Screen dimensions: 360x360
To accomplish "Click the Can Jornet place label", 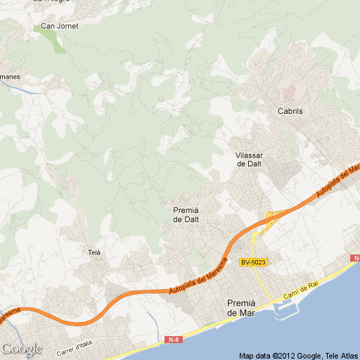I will [x=60, y=26].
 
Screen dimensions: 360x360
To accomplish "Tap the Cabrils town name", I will [x=290, y=111].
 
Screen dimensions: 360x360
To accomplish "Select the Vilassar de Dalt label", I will [x=249, y=159].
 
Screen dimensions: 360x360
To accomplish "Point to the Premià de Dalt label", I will [x=186, y=214].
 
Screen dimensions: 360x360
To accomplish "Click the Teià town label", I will [x=95, y=252].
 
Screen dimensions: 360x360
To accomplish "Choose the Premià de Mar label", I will [x=241, y=307].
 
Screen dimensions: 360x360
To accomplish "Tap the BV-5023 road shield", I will [x=252, y=263].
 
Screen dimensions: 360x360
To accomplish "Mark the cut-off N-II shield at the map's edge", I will [x=355, y=259].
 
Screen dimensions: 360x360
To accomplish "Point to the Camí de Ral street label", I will [x=301, y=292].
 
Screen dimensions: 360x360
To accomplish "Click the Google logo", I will [x=21, y=349].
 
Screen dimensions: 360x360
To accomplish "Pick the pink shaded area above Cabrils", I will [x=289, y=91].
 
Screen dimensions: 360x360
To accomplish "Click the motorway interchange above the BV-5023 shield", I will [x=270, y=217].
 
